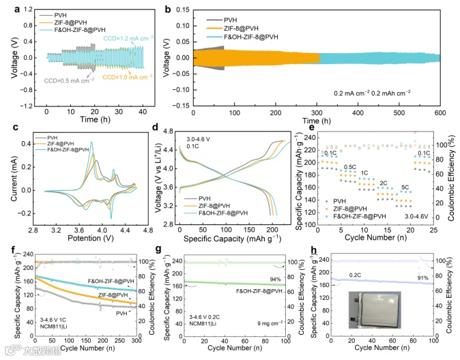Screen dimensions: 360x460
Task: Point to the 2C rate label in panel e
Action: (x=384, y=183)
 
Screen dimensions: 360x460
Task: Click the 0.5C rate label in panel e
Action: (x=350, y=166)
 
